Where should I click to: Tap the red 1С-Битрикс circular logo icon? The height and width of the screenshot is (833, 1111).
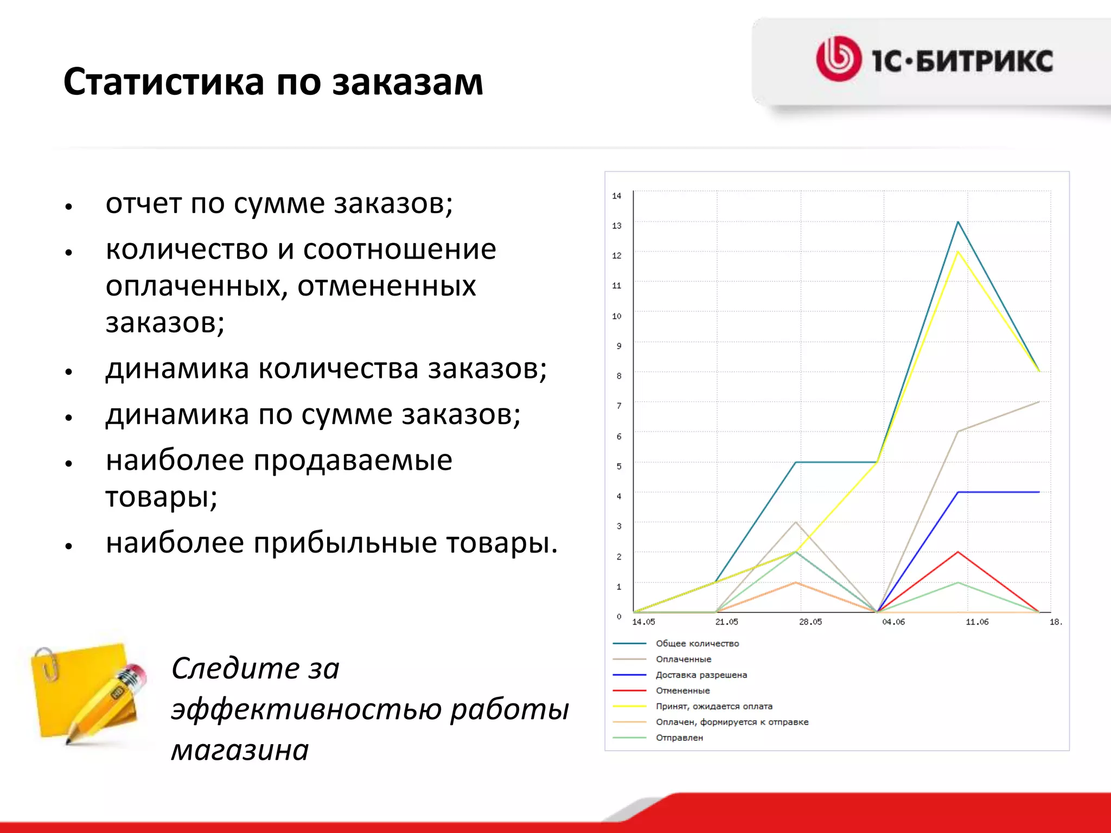click(x=839, y=59)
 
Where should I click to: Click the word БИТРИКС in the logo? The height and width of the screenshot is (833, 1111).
click(x=984, y=61)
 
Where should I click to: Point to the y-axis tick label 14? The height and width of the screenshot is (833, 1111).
click(x=616, y=196)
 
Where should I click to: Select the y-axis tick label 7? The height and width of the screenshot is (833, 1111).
click(x=618, y=406)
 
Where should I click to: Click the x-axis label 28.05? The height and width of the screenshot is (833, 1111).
click(x=810, y=622)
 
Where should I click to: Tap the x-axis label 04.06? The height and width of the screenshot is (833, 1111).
click(x=893, y=622)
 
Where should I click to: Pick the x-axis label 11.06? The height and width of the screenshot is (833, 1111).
click(x=977, y=622)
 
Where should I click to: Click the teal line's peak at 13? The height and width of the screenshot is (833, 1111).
click(x=959, y=222)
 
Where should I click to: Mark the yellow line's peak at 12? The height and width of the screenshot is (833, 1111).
click(x=959, y=252)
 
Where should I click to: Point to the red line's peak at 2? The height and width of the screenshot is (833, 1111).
click(x=959, y=552)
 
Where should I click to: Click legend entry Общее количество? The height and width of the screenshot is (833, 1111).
click(x=697, y=644)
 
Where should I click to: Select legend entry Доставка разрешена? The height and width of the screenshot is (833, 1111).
click(x=701, y=675)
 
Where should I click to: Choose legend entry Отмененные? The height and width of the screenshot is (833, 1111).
click(x=682, y=691)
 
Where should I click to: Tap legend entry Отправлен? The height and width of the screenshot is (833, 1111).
click(x=679, y=738)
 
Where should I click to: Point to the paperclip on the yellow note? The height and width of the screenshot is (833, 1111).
click(x=49, y=663)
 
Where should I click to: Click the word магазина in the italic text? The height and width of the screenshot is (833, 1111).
click(x=240, y=751)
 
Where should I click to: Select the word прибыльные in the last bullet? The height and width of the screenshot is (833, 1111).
click(x=345, y=543)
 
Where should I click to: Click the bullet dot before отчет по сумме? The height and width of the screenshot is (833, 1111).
click(x=68, y=207)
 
